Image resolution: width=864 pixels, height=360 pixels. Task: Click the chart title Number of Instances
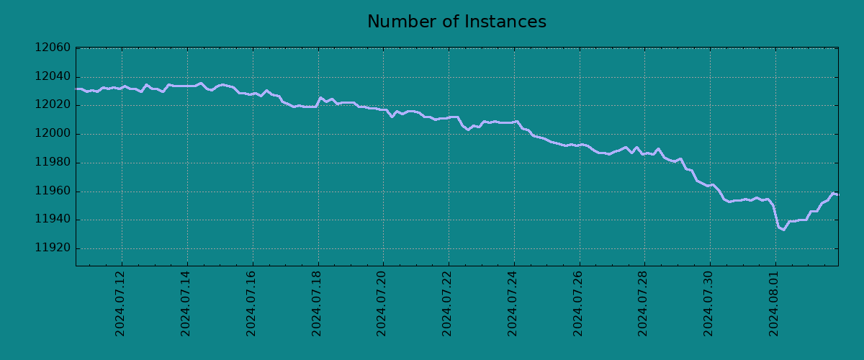[456, 22]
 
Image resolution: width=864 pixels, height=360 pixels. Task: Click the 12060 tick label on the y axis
[53, 48]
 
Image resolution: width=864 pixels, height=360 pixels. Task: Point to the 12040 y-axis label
[53, 77]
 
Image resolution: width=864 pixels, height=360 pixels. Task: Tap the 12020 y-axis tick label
[53, 105]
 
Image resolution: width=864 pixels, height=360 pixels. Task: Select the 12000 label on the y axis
[53, 134]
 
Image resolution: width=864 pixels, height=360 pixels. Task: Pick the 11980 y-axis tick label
[53, 163]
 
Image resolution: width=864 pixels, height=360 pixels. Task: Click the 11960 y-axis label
[53, 192]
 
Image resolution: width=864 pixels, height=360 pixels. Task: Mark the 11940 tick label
[53, 220]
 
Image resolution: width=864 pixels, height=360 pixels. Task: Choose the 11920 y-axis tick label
[53, 248]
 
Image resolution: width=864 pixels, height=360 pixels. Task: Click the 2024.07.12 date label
[120, 303]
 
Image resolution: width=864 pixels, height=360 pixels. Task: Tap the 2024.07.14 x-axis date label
[186, 303]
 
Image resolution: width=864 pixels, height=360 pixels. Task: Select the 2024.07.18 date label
[317, 303]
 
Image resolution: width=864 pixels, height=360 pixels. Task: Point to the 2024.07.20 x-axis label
[382, 303]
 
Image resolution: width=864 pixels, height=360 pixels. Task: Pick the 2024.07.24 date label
[513, 303]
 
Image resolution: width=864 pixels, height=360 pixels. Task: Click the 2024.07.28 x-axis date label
[644, 303]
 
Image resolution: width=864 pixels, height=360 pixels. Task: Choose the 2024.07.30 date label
[709, 303]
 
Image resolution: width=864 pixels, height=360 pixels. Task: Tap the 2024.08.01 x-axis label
[775, 303]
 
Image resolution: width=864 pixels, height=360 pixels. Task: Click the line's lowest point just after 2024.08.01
[783, 230]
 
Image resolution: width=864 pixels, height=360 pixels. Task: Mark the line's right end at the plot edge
[837, 194]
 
